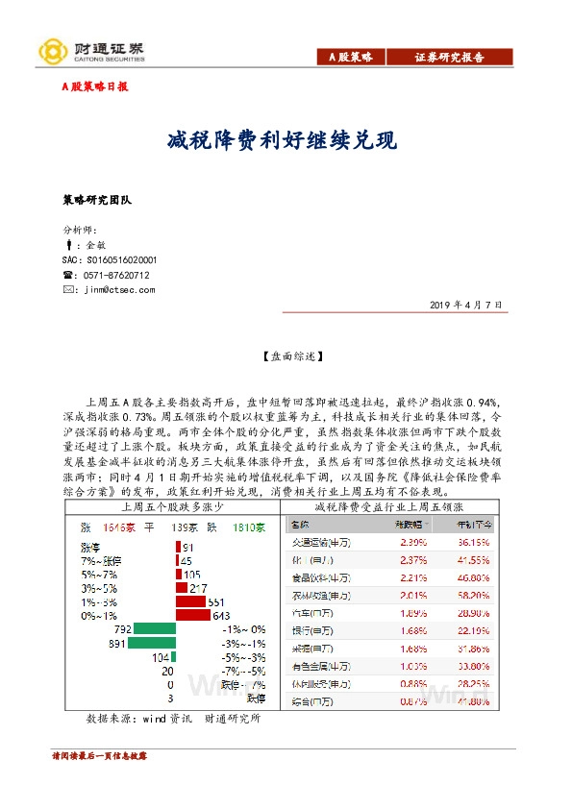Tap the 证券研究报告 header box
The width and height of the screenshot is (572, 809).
coord(450,58)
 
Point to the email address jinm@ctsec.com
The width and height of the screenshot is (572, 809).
coord(119,289)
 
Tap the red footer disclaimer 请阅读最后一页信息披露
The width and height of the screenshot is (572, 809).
coord(101,757)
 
